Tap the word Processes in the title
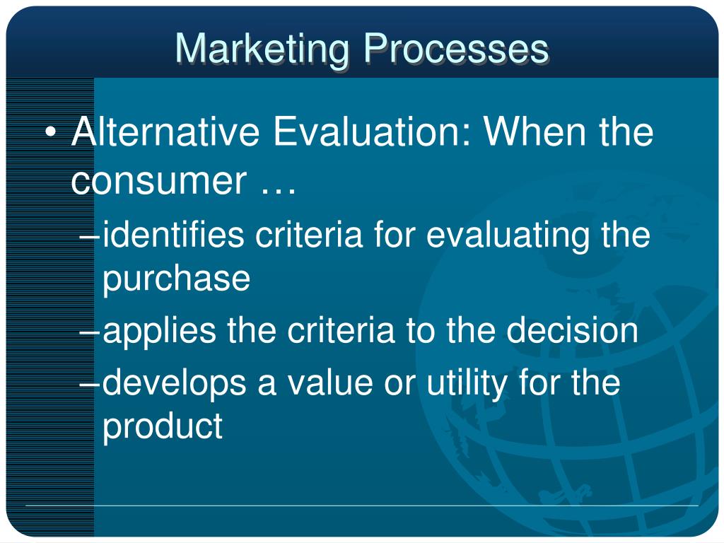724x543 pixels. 456,49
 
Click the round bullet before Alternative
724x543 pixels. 51,132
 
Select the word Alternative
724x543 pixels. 165,132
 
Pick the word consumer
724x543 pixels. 159,181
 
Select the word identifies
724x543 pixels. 173,235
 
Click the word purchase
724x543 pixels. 176,279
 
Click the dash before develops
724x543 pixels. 90,384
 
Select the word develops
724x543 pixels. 174,384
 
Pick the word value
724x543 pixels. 329,383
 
